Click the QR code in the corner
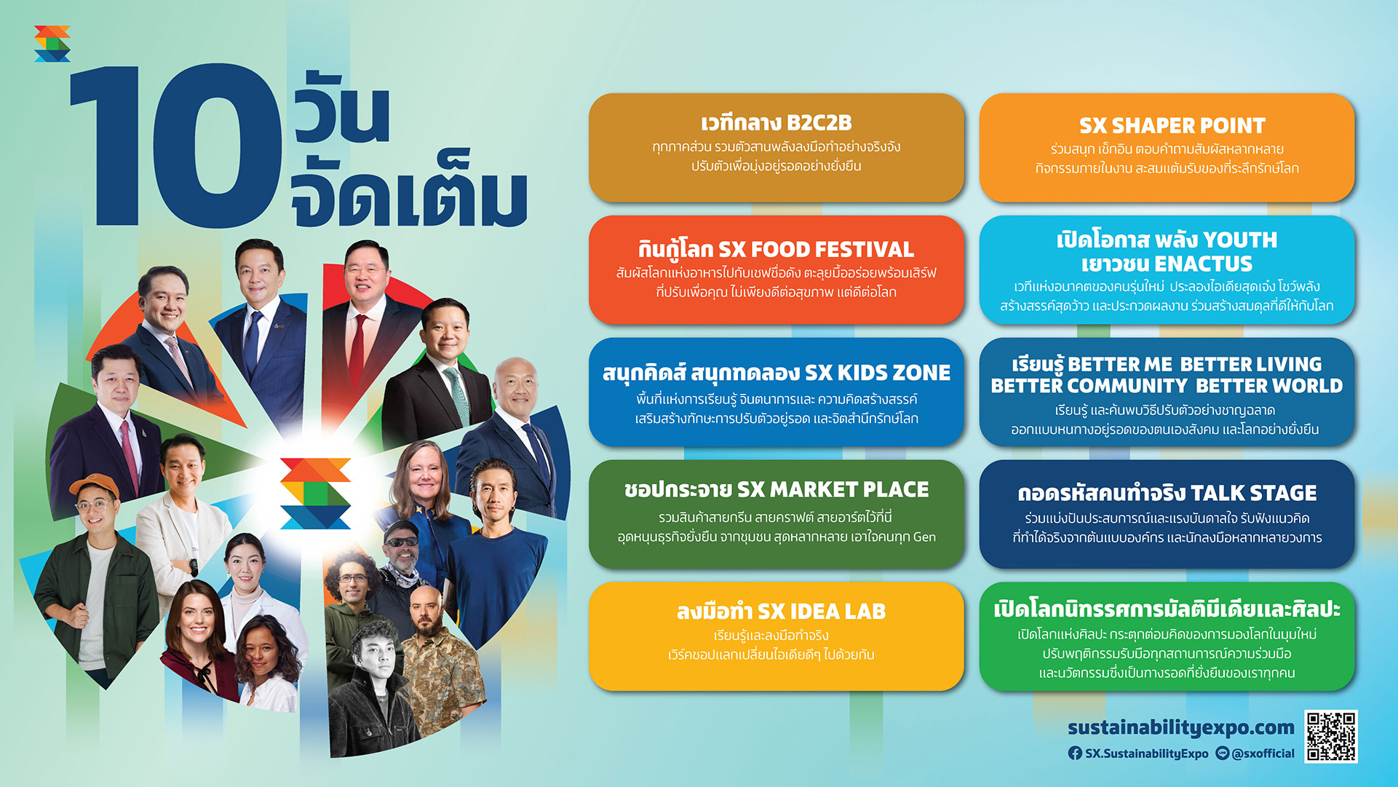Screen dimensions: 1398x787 tap(1331, 736)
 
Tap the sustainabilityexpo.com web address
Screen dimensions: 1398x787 tap(1181, 727)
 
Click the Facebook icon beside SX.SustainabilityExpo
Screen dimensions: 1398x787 tap(1075, 754)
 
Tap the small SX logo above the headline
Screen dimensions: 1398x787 tap(52, 44)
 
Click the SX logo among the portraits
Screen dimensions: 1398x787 tap(315, 493)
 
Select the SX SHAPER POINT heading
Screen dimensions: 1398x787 tap(1172, 126)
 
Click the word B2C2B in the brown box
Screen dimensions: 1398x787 tap(819, 123)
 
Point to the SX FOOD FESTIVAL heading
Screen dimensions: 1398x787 tap(816, 250)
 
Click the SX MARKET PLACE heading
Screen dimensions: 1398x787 tap(833, 489)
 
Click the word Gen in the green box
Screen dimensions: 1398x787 tap(924, 537)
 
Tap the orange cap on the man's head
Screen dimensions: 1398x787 tap(94, 486)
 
